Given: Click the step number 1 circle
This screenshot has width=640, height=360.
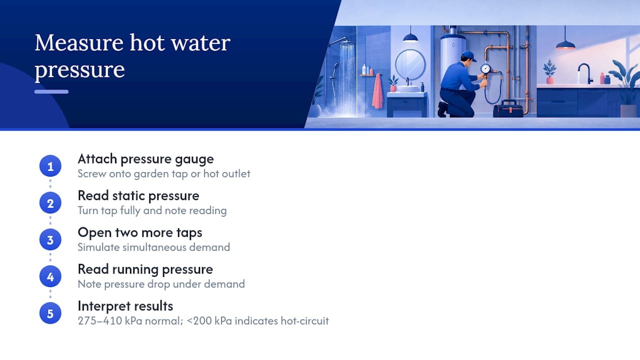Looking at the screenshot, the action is point(50,166).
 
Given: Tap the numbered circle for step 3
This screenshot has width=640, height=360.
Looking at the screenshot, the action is point(50,239).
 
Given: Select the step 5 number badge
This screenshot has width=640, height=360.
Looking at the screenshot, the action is point(50,313).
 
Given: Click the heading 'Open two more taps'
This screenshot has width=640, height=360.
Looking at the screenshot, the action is point(140,232).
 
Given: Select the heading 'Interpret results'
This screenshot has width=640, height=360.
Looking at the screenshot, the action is point(125,306).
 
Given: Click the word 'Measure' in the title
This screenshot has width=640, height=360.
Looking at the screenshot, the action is point(79,43).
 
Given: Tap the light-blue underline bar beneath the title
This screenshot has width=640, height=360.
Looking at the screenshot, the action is point(51,91).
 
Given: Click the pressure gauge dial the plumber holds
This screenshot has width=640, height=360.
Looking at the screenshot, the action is point(485,68).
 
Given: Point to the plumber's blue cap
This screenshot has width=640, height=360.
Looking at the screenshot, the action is point(468,55).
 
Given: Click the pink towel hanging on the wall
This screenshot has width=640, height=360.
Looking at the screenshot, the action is point(377,91).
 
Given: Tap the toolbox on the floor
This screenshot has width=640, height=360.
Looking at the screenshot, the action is point(508,109).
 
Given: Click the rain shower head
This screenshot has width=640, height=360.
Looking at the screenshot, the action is point(346,43).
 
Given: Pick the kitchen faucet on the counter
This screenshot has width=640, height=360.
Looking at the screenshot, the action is point(584,73).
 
